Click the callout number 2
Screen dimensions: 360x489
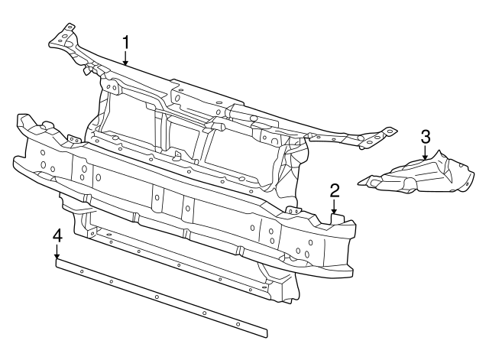[x=335, y=190]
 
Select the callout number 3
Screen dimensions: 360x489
[x=426, y=137]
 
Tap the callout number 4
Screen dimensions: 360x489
[x=57, y=236]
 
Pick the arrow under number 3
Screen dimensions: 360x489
[x=426, y=153]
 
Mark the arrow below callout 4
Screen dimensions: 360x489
[x=57, y=252]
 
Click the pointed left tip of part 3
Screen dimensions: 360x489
[x=360, y=181]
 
